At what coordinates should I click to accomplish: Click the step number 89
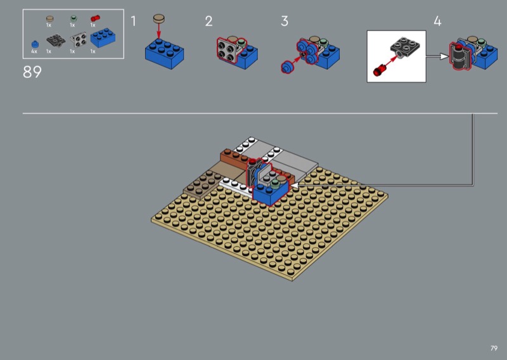tap(32, 72)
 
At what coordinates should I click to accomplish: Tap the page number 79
tap(494, 348)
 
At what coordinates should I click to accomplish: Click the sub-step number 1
tap(133, 21)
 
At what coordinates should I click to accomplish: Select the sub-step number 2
tap(209, 22)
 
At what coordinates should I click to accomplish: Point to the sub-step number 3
tap(284, 21)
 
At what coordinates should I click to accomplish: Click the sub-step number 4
tap(437, 22)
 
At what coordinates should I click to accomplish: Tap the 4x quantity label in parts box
tap(34, 51)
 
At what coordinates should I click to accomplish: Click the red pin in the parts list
tap(95, 18)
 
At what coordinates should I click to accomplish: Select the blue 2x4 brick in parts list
tap(103, 37)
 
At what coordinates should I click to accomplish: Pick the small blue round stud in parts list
tap(35, 44)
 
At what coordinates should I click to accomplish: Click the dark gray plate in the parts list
tap(56, 41)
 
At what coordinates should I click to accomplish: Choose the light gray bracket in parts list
tap(79, 39)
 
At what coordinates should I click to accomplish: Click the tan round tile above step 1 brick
tap(159, 18)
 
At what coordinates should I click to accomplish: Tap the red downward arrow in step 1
tap(159, 31)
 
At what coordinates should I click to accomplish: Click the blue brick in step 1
tap(164, 54)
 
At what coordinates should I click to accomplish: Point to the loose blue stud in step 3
tap(287, 68)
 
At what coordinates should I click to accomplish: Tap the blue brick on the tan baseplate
tap(270, 193)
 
